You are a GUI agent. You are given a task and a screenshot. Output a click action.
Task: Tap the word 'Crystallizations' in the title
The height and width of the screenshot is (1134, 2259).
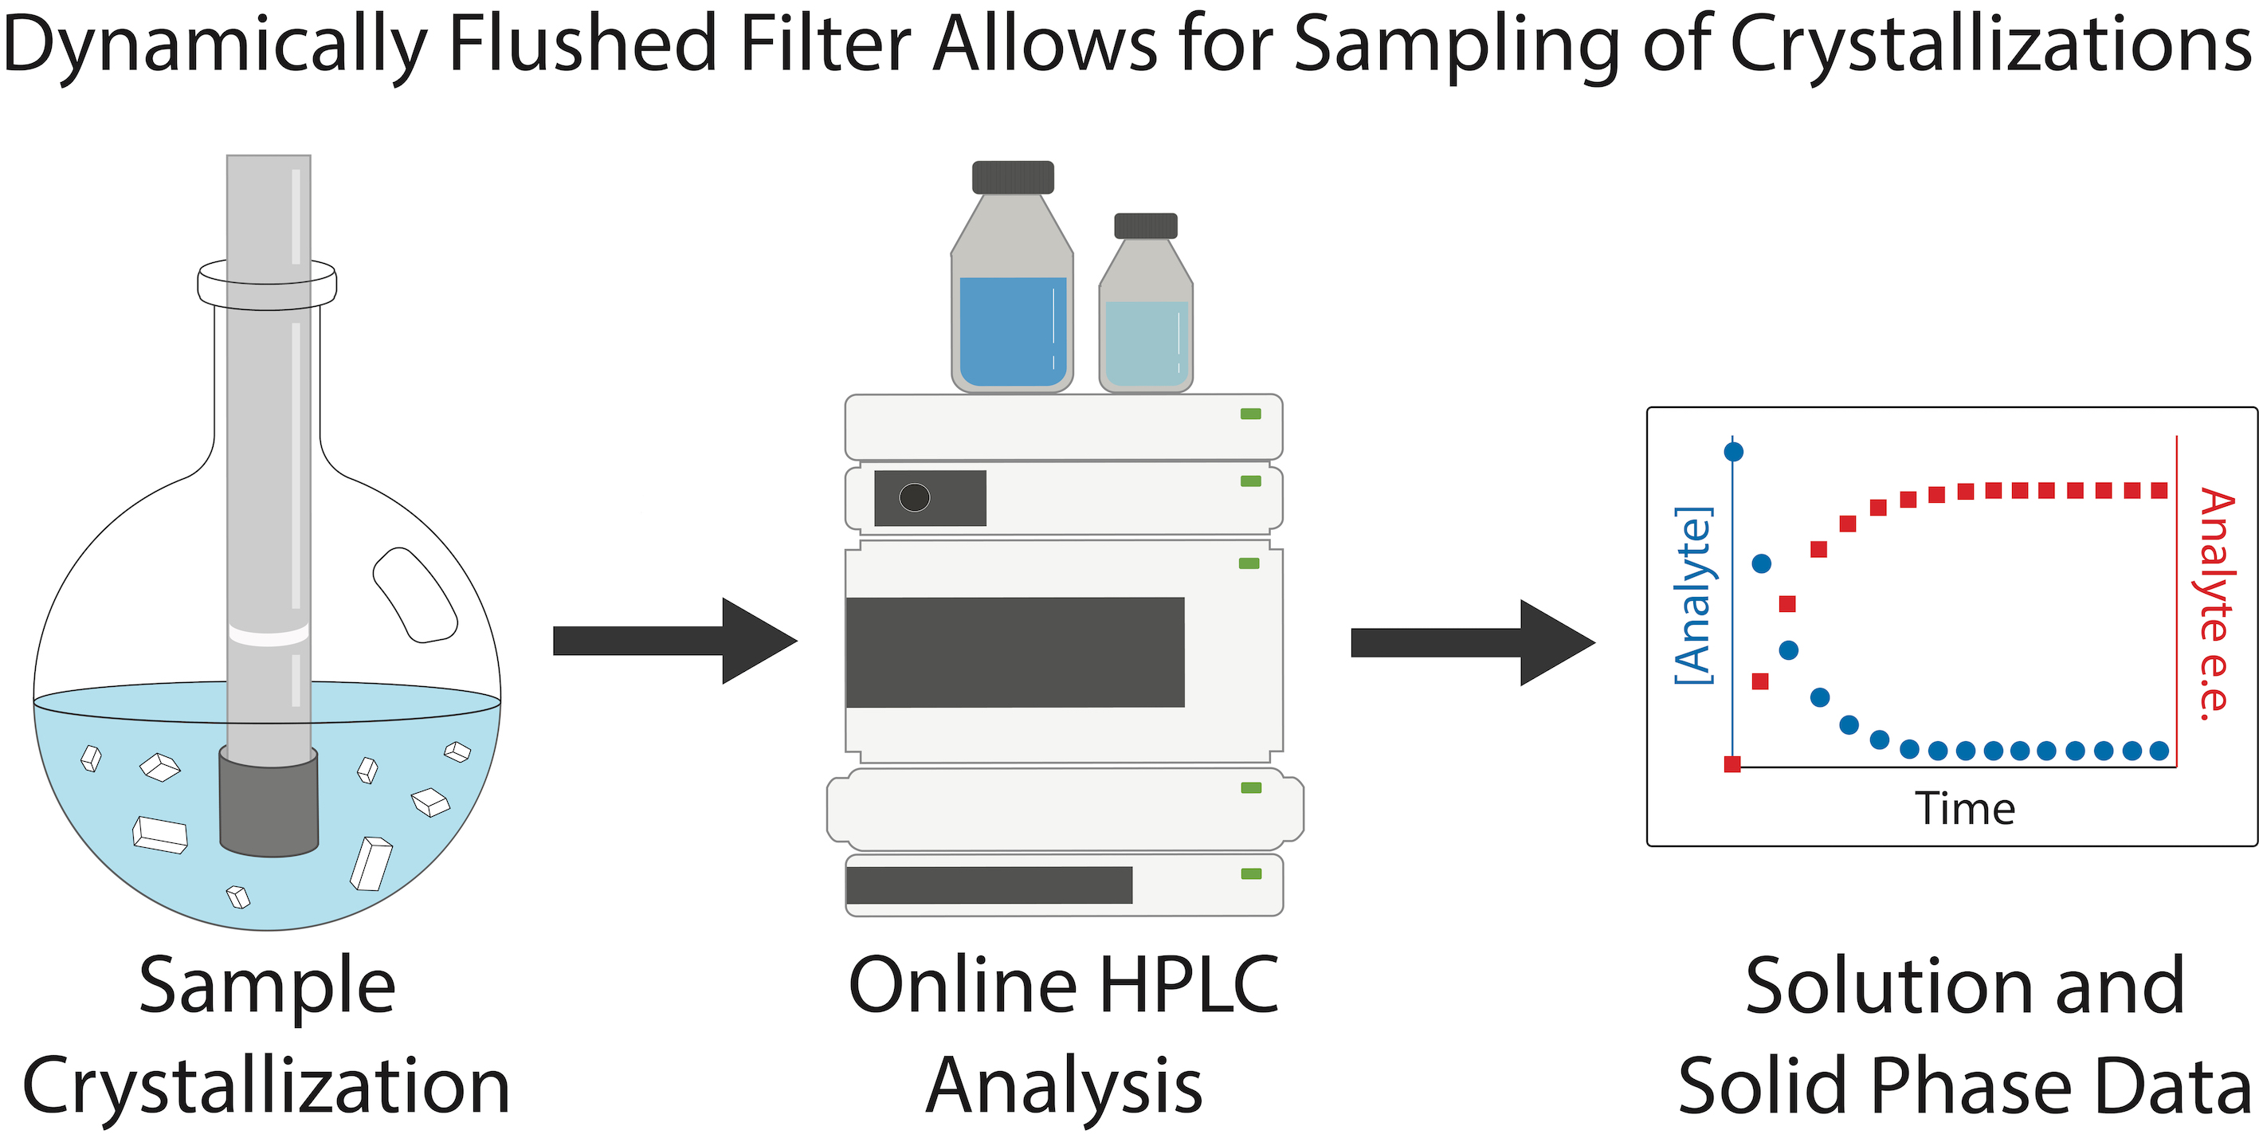[x=1991, y=49]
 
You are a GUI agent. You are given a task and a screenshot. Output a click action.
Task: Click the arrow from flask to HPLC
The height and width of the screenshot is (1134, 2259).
[x=675, y=641]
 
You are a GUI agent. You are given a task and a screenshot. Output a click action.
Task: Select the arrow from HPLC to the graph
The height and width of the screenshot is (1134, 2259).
[x=1473, y=643]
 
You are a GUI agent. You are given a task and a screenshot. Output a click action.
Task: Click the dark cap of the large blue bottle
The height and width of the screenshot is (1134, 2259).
[x=1013, y=177]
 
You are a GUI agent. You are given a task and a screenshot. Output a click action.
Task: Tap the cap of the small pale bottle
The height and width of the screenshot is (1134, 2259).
[x=1145, y=226]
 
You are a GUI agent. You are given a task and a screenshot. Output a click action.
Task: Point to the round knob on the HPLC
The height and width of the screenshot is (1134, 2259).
[x=915, y=497]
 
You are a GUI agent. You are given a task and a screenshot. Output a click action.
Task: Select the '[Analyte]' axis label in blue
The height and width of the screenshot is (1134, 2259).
[x=1692, y=595]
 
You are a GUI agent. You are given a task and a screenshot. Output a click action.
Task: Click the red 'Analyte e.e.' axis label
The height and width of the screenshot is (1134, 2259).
[x=2216, y=604]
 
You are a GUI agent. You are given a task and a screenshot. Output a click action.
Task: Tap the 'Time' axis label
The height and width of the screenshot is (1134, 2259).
[x=1964, y=808]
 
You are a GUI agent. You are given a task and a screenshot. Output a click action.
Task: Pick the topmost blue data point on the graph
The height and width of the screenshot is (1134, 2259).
[x=1734, y=452]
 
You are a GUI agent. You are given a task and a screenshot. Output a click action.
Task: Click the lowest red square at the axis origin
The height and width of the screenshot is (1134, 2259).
[x=1732, y=764]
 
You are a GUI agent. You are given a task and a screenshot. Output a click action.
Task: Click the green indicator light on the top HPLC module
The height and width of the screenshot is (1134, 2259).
[x=1250, y=414]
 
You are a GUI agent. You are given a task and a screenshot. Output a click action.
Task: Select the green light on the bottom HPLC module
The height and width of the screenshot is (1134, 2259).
[x=1251, y=873]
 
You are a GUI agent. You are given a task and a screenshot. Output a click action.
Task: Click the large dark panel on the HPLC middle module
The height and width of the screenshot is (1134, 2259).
[x=1014, y=652]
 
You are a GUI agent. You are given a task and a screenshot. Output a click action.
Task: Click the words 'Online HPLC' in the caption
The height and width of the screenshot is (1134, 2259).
[x=1064, y=985]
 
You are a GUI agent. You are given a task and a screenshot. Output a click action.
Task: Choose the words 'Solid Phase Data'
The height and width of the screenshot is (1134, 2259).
[x=1965, y=1085]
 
